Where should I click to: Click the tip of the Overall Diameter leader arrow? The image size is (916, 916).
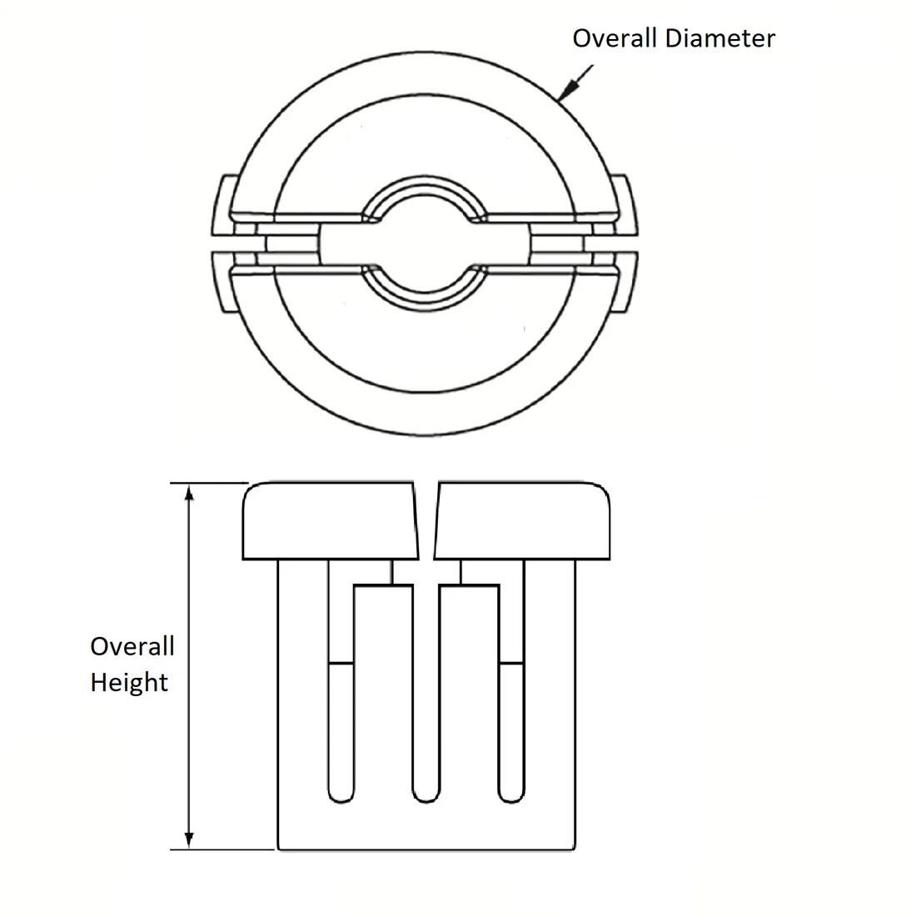coord(558,102)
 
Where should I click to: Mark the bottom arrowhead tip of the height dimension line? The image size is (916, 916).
coord(189,849)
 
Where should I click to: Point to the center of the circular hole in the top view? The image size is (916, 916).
coord(425,243)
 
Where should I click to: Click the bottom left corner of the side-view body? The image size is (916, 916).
coord(278,849)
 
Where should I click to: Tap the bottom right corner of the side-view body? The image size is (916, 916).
coord(575,849)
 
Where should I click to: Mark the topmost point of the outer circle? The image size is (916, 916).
coord(425,52)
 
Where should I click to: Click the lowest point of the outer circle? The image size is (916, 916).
coord(425,436)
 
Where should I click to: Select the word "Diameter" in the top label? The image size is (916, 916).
coord(719,38)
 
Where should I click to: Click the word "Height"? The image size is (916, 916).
coord(129,683)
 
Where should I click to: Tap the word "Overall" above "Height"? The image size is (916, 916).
coord(132,646)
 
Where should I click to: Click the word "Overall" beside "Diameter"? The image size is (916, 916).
coord(615,38)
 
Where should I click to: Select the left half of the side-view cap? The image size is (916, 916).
coord(331,520)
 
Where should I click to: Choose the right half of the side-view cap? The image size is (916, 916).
coord(522,520)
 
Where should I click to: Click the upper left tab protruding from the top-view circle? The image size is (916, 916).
coord(224,205)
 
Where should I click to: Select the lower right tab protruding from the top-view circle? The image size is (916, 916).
coord(625,281)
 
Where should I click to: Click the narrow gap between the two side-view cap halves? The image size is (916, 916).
coord(426,520)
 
